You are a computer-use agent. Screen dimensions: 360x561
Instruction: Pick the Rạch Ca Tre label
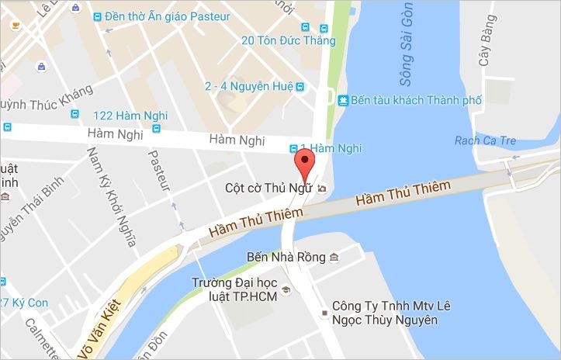pyautogui.click(x=485, y=140)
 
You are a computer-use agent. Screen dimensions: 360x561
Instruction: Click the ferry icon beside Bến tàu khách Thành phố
pyautogui.click(x=343, y=100)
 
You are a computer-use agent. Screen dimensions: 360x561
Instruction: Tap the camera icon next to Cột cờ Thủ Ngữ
pyautogui.click(x=322, y=188)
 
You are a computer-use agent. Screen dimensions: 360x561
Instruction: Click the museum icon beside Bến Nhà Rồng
pyautogui.click(x=334, y=257)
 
